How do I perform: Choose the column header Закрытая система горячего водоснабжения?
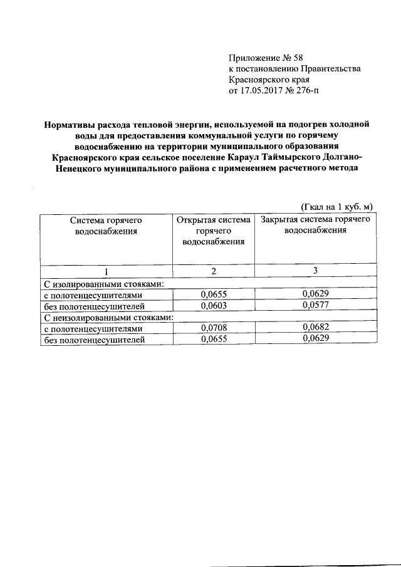tap(315, 225)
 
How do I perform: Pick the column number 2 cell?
tap(214, 271)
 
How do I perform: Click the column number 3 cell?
tap(315, 271)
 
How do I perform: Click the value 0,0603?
tap(214, 306)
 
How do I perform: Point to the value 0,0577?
tap(315, 306)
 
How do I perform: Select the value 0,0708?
tap(214, 328)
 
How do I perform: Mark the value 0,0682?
tap(315, 328)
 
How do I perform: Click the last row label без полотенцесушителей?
tap(93, 340)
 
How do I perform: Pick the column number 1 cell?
tap(107, 271)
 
